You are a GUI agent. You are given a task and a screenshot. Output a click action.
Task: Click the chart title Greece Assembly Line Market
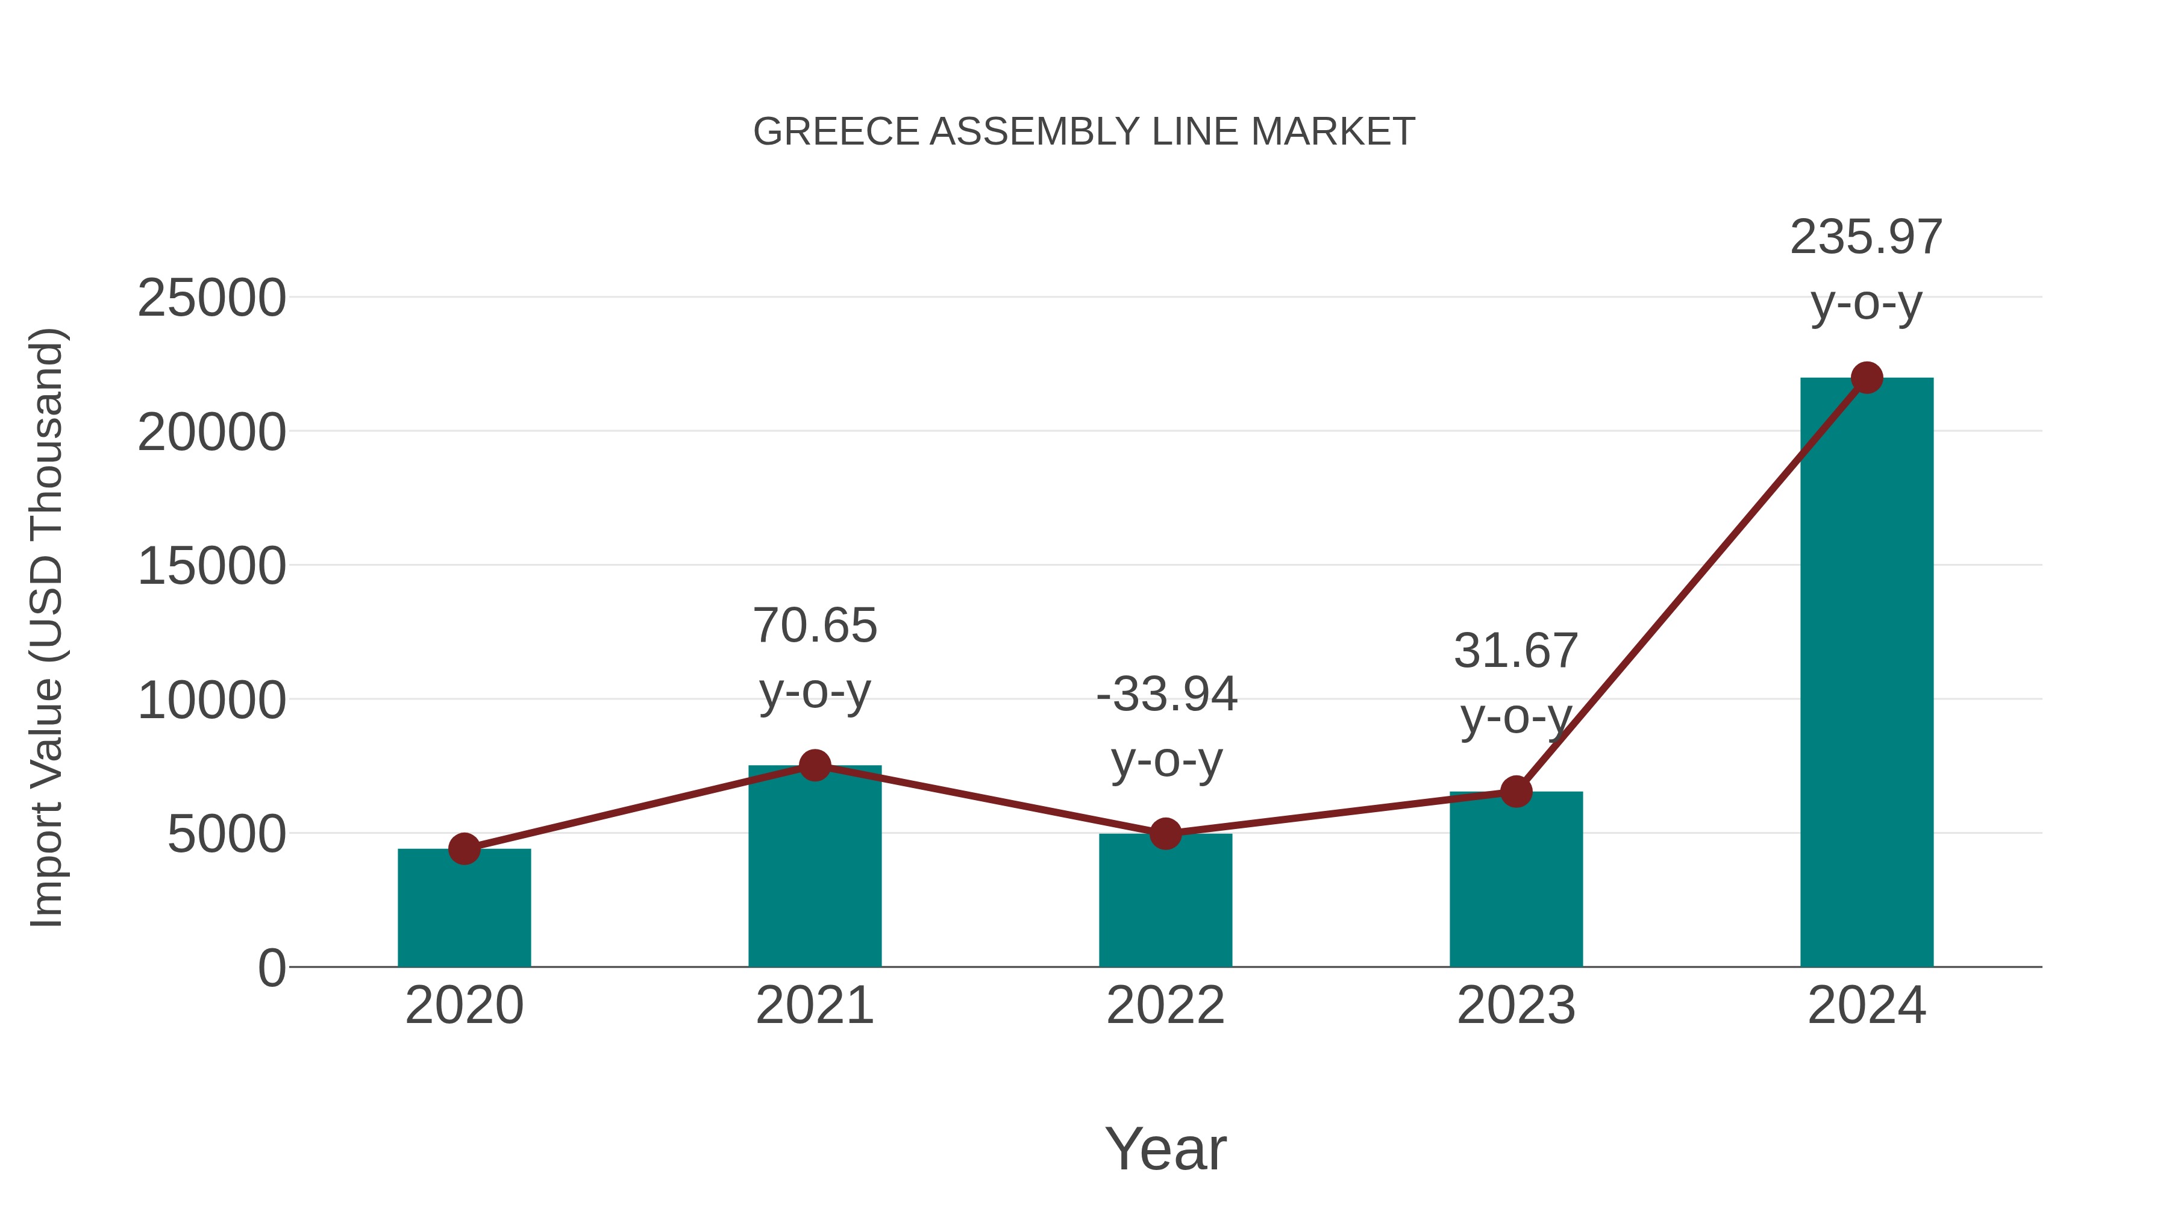tap(1084, 132)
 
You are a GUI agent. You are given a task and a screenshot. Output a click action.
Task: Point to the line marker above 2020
tap(464, 849)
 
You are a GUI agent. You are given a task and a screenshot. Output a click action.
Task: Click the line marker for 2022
tap(1165, 834)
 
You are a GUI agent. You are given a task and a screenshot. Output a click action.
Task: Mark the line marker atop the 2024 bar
tap(1867, 378)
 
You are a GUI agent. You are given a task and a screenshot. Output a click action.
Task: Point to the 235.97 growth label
tap(1866, 237)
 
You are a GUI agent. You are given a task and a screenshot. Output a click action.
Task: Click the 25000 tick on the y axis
tap(211, 298)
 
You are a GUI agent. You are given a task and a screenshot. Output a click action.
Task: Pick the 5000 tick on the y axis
tap(227, 834)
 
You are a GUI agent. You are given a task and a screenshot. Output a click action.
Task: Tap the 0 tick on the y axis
tap(271, 968)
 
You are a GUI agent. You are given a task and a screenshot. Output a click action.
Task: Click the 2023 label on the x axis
tap(1516, 1006)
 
